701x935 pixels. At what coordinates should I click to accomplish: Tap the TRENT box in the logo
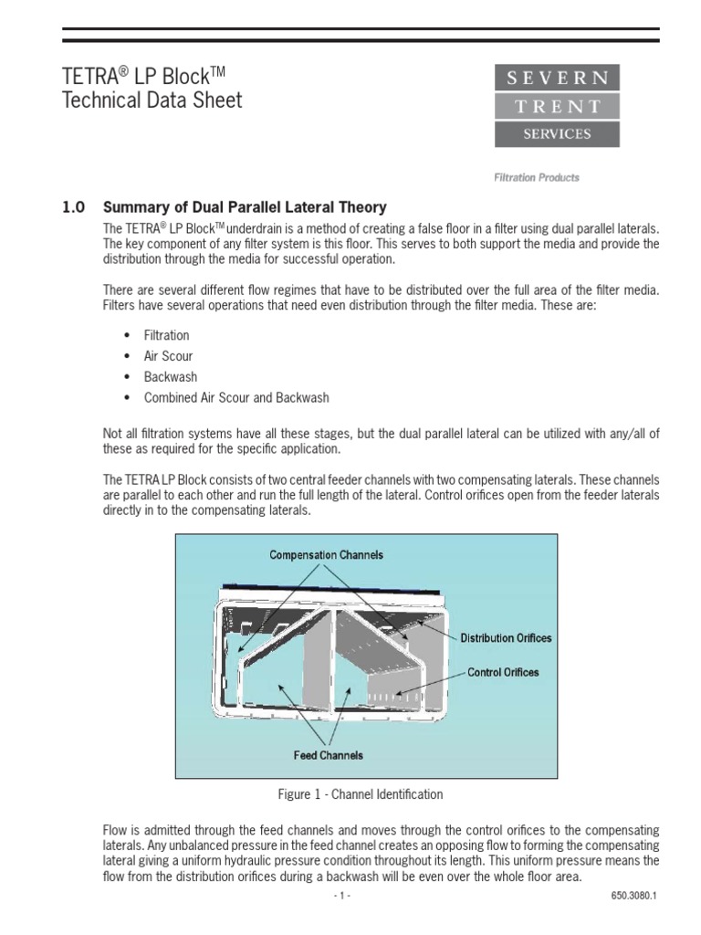(x=557, y=106)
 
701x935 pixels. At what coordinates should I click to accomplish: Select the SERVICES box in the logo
(x=557, y=134)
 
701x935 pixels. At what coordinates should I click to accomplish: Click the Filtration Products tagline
(x=537, y=178)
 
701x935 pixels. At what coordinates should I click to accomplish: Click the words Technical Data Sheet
(x=152, y=100)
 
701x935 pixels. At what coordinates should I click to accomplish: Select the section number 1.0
(x=73, y=207)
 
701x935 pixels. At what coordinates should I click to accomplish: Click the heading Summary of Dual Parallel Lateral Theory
(x=245, y=207)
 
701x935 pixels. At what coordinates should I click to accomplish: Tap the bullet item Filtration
(x=166, y=335)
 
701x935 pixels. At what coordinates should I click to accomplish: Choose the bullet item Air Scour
(x=168, y=356)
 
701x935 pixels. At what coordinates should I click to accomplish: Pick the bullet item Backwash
(x=170, y=377)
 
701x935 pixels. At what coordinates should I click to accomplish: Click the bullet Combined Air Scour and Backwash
(x=236, y=398)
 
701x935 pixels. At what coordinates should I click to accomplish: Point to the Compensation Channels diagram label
(x=326, y=554)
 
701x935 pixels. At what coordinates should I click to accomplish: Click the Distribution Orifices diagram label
(x=506, y=638)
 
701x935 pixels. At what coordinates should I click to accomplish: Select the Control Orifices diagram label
(x=503, y=672)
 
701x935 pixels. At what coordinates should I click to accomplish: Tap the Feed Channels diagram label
(x=328, y=755)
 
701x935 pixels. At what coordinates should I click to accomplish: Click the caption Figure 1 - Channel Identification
(x=360, y=794)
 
